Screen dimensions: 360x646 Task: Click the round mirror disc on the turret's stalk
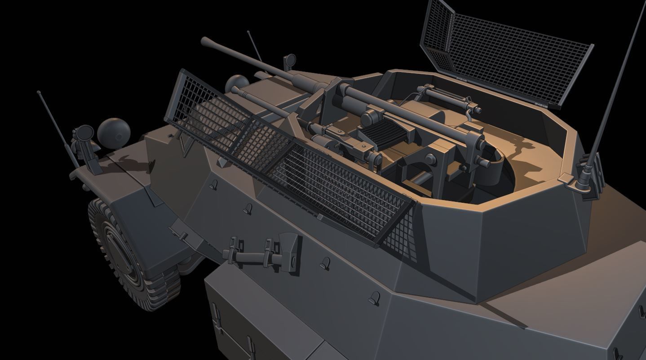click(x=290, y=59)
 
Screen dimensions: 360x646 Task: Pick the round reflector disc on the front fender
click(x=84, y=133)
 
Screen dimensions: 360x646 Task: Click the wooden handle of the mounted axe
click(x=252, y=257)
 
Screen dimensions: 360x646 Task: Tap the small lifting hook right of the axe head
click(x=325, y=263)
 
